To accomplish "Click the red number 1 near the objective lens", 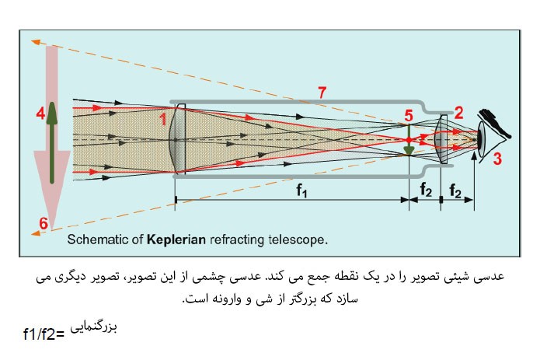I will pyautogui.click(x=163, y=119).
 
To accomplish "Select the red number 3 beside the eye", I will pyautogui.click(x=498, y=159).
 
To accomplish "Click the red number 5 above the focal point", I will pyautogui.click(x=409, y=116).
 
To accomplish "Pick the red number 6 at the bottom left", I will pyautogui.click(x=43, y=224).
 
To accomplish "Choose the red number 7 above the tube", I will pyautogui.click(x=322, y=92).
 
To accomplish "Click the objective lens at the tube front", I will pyautogui.click(x=176, y=139).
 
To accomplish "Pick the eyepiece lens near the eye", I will pyautogui.click(x=441, y=140).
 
